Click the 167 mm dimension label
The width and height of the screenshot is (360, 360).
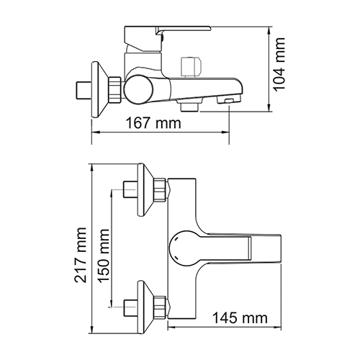point(153,123)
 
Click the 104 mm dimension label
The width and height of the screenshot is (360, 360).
point(279,65)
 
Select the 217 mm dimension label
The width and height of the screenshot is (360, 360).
point(81,255)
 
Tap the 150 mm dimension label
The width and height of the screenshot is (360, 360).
point(104,256)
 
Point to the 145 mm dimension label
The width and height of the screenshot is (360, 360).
point(240,318)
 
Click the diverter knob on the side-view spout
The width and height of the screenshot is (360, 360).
point(192,68)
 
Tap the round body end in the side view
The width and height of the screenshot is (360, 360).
point(138,89)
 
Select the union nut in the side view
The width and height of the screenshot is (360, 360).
point(114,90)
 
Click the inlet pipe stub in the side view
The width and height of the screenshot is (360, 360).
point(84,90)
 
